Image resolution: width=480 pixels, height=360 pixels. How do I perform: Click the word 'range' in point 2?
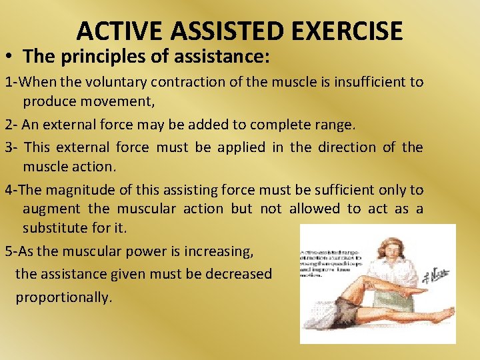point(337,125)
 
